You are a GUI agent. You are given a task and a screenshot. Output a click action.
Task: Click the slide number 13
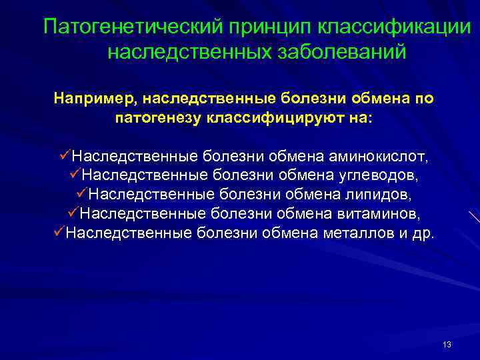(x=447, y=345)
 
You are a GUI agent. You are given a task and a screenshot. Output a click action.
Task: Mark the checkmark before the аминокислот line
(x=64, y=157)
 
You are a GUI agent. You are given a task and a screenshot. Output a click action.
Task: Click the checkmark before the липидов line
(x=80, y=195)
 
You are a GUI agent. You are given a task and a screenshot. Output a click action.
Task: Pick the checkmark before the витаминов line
(x=73, y=213)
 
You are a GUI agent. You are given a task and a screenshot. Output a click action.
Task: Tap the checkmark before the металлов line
(x=58, y=233)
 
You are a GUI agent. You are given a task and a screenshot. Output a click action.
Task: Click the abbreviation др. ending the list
(x=422, y=234)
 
